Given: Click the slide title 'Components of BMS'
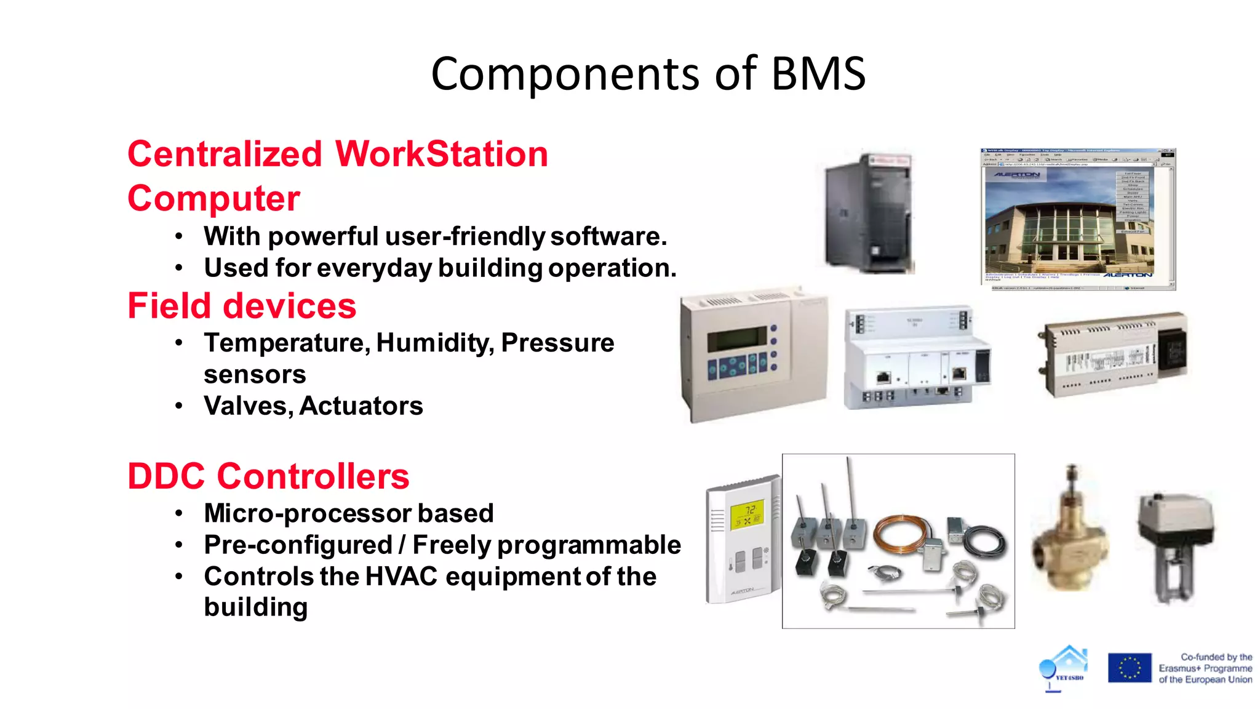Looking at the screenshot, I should [x=648, y=74].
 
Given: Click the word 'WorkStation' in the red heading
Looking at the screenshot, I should [x=441, y=154].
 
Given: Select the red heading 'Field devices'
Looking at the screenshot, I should [x=242, y=306].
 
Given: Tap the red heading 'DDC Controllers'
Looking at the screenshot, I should [x=268, y=476].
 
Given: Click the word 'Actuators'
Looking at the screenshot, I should [x=361, y=406].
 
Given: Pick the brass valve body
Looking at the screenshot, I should [x=1071, y=542].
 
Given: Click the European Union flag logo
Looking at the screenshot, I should [x=1129, y=668].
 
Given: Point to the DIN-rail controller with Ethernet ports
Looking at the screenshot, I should [x=917, y=357].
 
